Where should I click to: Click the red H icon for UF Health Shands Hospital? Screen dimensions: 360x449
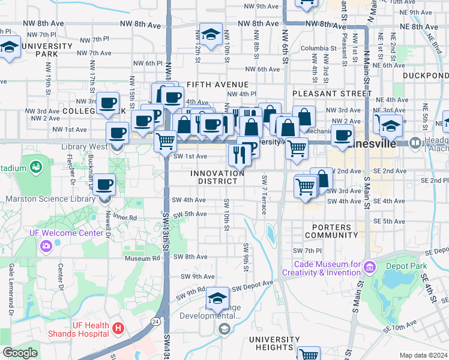[x=119, y=329]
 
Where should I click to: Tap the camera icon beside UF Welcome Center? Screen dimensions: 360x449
[x=46, y=246]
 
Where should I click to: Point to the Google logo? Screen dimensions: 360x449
[x=20, y=353]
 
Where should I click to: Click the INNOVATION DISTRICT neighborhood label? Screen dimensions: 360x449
[x=217, y=178]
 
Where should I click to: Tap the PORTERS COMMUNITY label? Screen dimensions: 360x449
[x=331, y=231]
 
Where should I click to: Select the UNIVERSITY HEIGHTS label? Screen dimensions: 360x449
[x=274, y=343]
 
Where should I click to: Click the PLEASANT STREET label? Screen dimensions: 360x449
[x=333, y=94]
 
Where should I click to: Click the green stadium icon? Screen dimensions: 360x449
[x=35, y=166]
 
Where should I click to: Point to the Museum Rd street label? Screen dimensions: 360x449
[x=142, y=259]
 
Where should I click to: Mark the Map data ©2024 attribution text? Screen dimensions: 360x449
[x=423, y=355]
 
